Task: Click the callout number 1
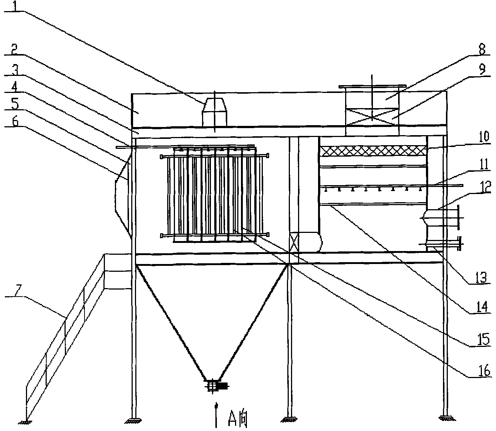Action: (x=15, y=6)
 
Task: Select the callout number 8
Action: (x=481, y=49)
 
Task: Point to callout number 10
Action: (x=484, y=137)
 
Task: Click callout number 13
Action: (x=481, y=277)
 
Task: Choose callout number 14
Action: (x=481, y=307)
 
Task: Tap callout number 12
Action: (x=485, y=187)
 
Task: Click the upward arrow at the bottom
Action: (x=216, y=415)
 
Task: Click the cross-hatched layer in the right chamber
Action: (x=373, y=151)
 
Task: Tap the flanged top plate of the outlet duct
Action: (x=372, y=87)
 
